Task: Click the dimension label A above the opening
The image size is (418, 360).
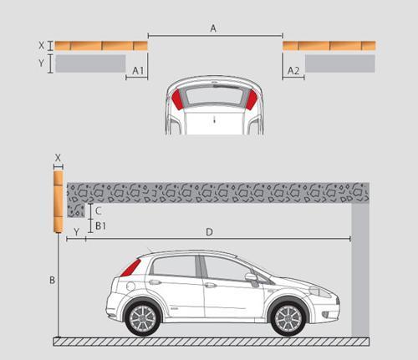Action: [213, 28]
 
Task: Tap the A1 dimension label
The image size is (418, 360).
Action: [138, 71]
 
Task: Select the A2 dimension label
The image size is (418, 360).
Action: [293, 71]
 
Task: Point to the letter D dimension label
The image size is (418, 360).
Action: [209, 232]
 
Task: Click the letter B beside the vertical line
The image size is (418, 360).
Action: [52, 280]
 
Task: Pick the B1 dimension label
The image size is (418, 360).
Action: [100, 226]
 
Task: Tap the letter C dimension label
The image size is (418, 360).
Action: [98, 211]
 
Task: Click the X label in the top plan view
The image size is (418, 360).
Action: [42, 45]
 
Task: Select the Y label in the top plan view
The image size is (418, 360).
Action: [42, 63]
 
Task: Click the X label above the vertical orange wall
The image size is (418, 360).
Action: [58, 158]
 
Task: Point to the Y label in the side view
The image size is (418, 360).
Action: [76, 231]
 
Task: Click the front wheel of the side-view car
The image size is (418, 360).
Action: [288, 318]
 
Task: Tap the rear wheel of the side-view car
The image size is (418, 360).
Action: [143, 318]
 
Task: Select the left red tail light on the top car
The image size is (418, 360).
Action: [176, 99]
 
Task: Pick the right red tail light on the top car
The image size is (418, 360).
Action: [252, 99]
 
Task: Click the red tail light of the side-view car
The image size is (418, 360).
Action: [130, 268]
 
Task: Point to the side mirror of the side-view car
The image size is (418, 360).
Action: [251, 277]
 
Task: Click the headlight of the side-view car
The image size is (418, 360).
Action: [320, 292]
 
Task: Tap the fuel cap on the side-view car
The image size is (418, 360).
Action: [130, 286]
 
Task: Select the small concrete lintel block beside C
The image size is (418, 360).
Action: [76, 210]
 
